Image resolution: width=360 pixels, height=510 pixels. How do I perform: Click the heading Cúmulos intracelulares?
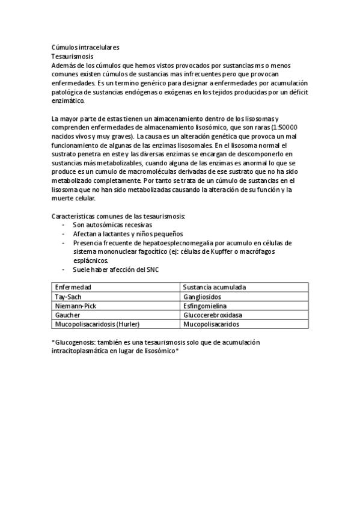[x=85, y=46]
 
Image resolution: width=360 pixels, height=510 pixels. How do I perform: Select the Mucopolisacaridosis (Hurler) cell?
[x=97, y=324]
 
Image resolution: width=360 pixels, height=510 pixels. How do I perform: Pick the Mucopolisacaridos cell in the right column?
[x=211, y=324]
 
